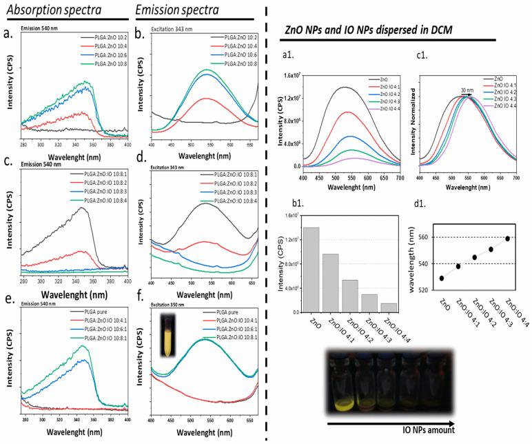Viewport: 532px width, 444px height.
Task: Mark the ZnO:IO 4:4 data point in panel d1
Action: [508, 239]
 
